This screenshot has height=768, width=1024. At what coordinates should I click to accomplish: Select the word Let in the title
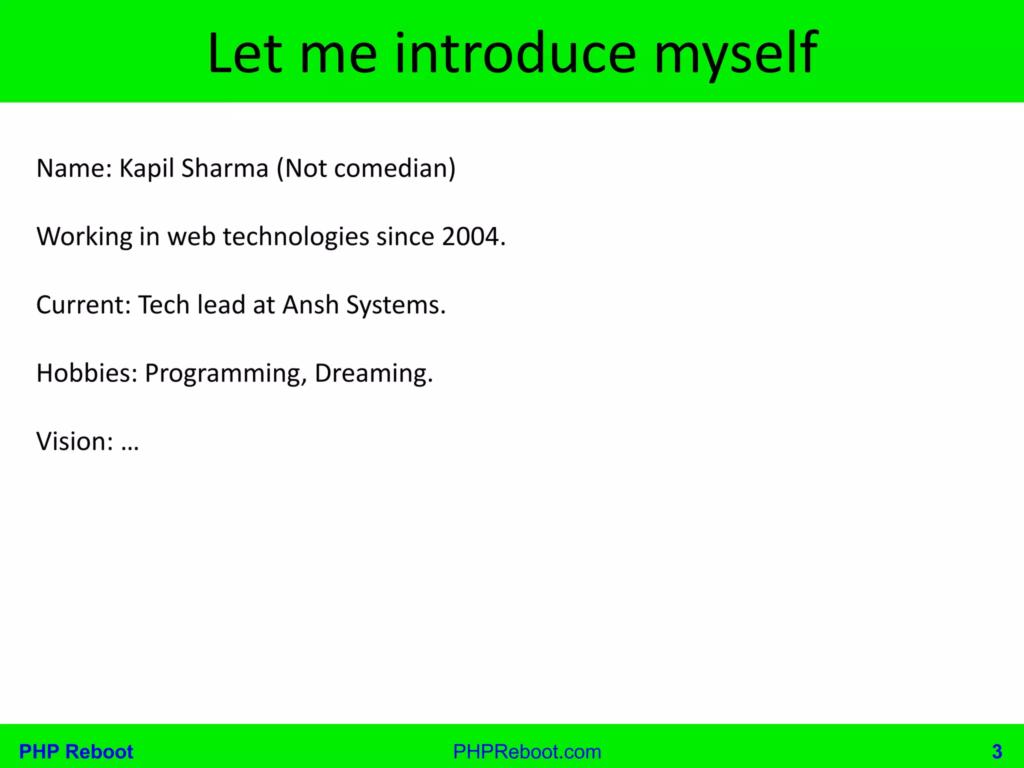tap(245, 54)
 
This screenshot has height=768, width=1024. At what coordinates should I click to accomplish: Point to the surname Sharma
tap(224, 168)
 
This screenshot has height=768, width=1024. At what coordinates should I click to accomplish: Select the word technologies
tap(295, 236)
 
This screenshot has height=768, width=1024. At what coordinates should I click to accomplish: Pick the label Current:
tap(83, 305)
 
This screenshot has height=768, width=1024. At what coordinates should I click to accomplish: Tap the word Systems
tap(395, 305)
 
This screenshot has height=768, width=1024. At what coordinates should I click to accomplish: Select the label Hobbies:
tap(86, 373)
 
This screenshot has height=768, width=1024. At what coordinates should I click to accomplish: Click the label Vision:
tap(74, 441)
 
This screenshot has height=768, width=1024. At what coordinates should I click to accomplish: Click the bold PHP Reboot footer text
tap(76, 751)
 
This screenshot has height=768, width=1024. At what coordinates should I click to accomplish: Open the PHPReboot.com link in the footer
tap(527, 751)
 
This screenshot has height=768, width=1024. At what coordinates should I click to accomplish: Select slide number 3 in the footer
tap(996, 751)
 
